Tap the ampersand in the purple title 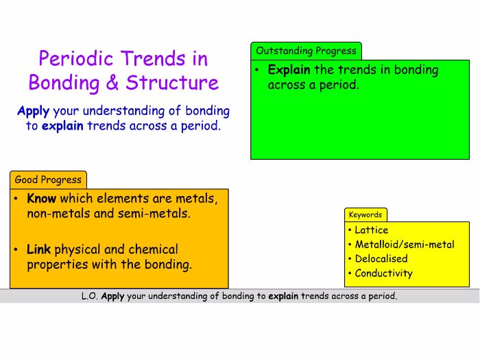(x=112, y=84)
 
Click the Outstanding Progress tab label (x=306, y=51)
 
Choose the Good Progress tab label (x=48, y=180)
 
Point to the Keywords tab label (x=365, y=215)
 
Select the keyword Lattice (x=371, y=230)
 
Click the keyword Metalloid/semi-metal (x=404, y=245)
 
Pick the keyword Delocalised (x=381, y=259)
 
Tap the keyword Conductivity (x=383, y=274)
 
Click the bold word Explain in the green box (x=289, y=70)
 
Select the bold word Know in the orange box (x=42, y=199)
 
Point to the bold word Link (x=39, y=250)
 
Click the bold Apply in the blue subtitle (x=33, y=111)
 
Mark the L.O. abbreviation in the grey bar (x=90, y=297)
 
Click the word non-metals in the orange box (x=51, y=214)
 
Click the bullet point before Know (x=17, y=200)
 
